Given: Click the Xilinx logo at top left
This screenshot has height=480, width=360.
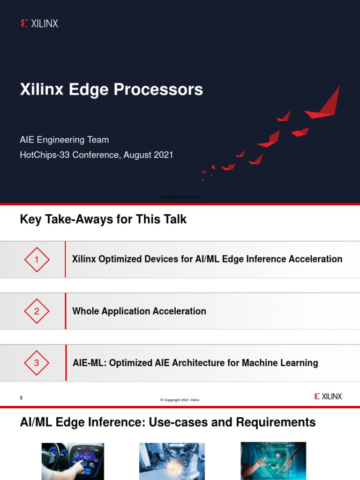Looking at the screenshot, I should (40, 23).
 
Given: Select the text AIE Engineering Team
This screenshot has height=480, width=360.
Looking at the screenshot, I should (64, 140).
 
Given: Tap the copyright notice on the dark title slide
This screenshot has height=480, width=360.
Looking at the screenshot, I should (180, 197).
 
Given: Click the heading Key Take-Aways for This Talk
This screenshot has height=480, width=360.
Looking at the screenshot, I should (103, 219).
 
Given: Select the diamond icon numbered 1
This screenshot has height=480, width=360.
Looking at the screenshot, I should (37, 259).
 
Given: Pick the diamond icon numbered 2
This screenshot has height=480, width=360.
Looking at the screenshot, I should (37, 311).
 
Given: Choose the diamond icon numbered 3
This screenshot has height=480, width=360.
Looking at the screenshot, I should (37, 363).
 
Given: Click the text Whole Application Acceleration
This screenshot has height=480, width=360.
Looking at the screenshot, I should (139, 311).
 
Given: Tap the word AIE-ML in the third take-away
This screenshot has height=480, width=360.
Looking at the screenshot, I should (89, 363).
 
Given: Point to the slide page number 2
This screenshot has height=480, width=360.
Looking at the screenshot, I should (21, 398).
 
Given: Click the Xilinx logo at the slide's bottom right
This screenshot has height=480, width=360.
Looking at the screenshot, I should (329, 397).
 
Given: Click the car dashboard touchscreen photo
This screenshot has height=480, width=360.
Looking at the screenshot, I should (73, 461).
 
